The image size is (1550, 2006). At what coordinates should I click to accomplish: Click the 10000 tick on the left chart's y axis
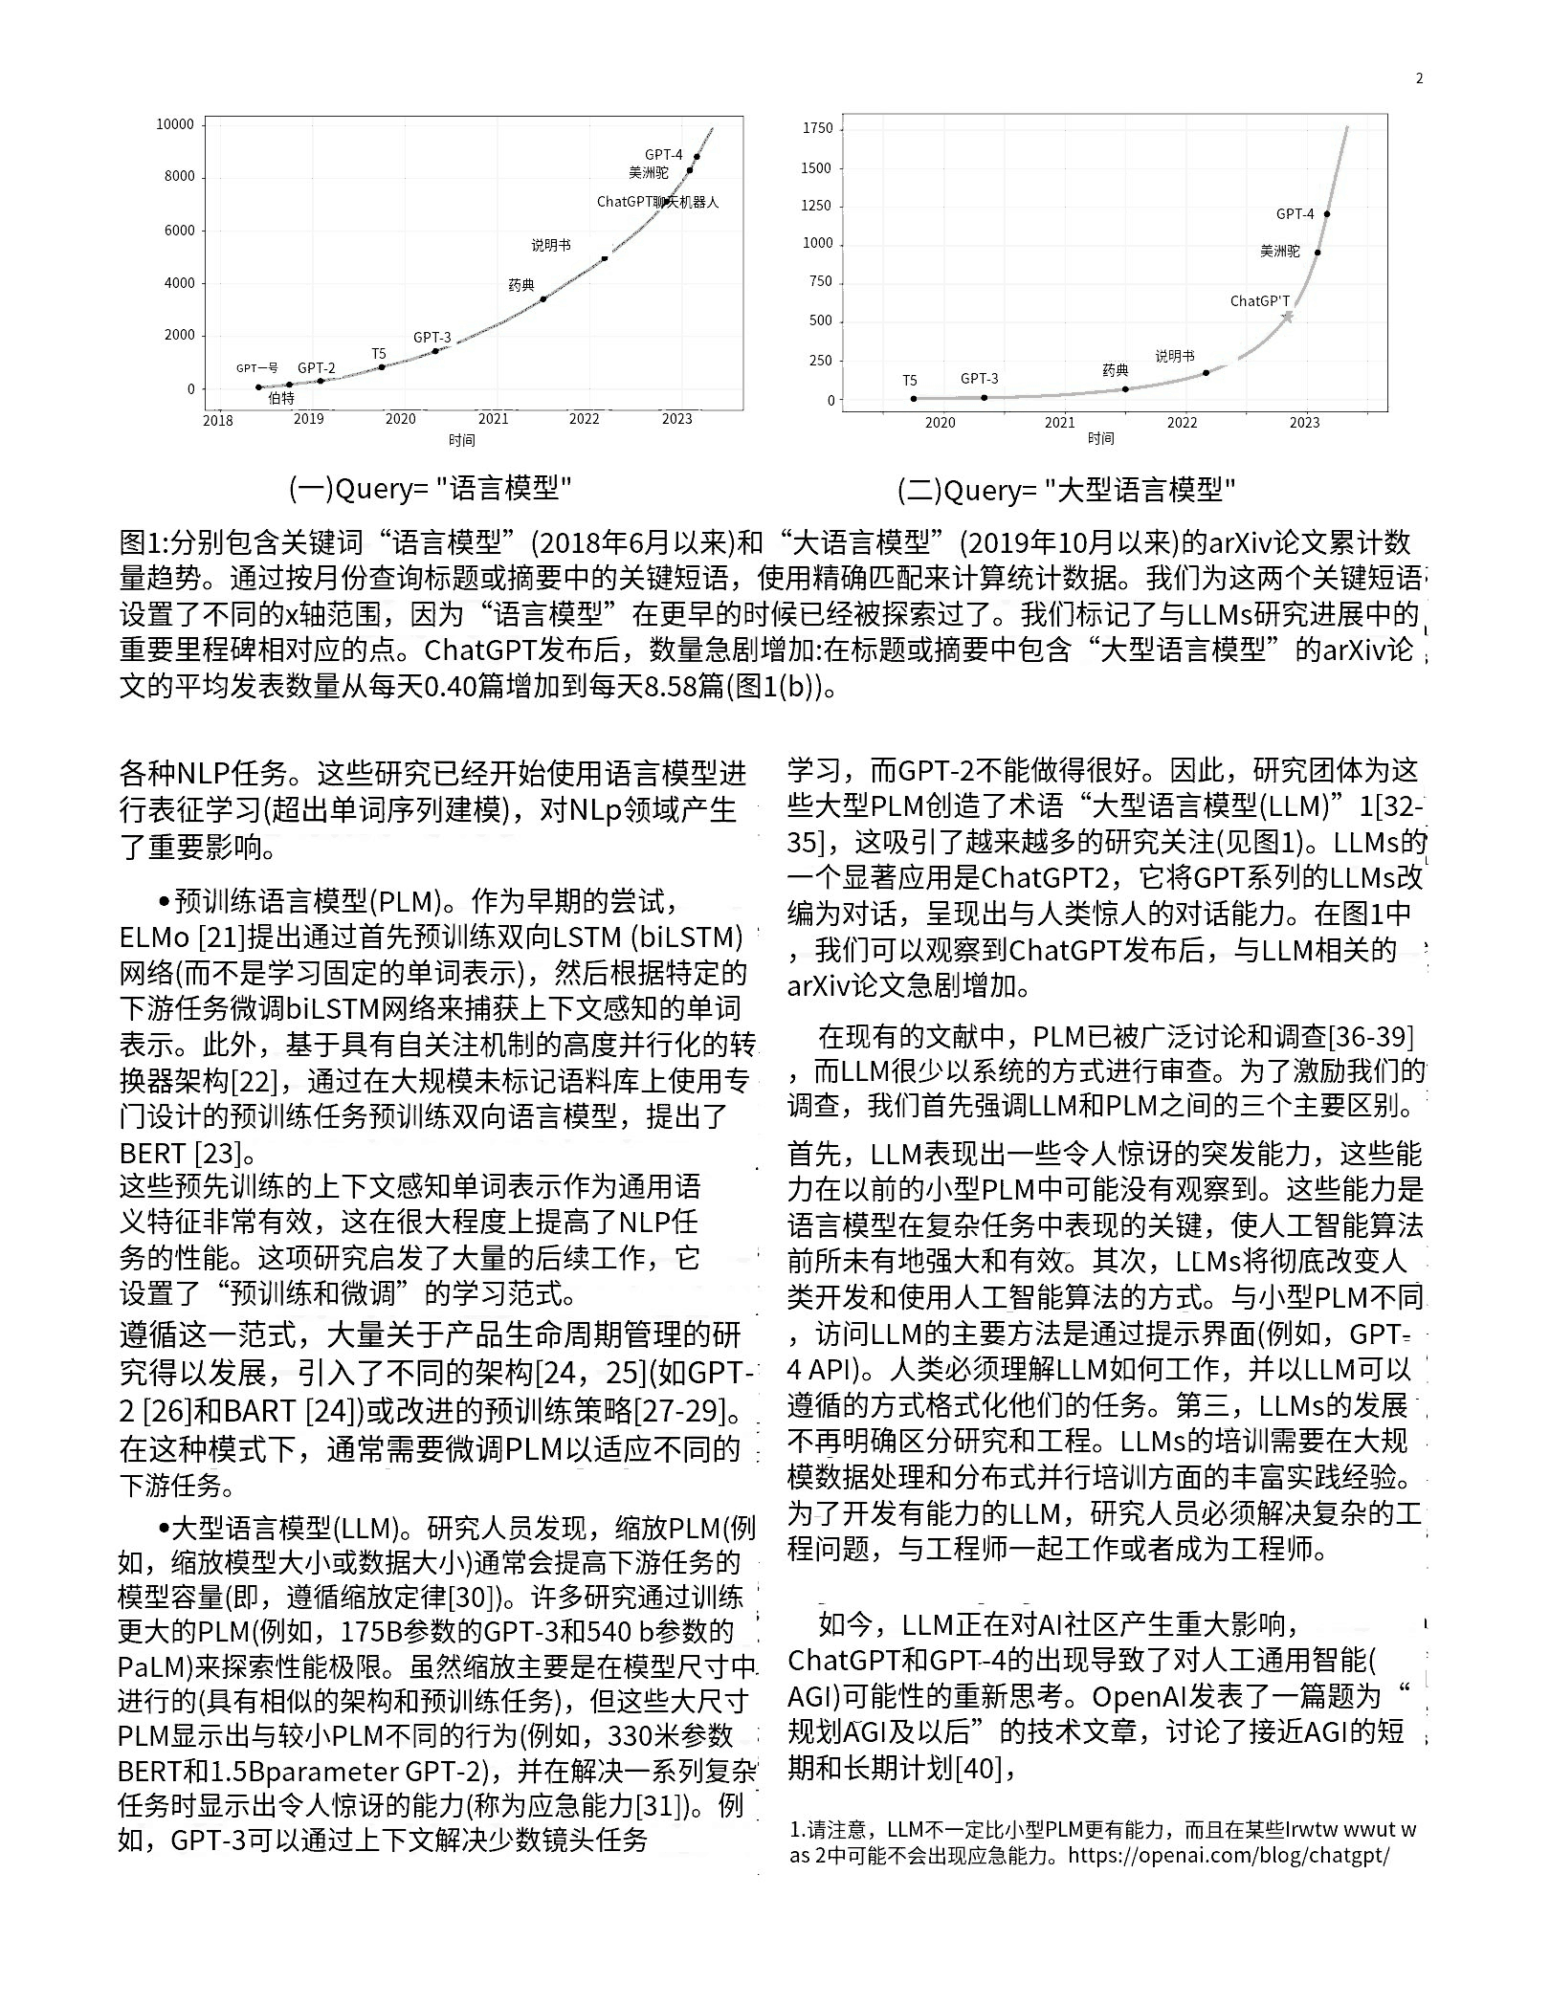(x=175, y=124)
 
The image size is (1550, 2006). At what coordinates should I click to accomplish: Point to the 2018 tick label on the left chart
(x=218, y=420)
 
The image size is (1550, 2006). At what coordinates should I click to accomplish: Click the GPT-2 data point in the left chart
(x=321, y=381)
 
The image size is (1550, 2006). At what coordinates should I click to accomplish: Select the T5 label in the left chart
(x=379, y=354)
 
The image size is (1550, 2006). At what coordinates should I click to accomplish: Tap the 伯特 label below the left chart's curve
(x=281, y=399)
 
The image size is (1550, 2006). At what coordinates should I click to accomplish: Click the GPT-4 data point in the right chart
(x=1326, y=214)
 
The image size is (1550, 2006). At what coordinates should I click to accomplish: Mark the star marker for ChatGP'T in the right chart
(x=1288, y=317)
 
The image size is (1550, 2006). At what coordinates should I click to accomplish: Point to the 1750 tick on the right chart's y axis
(x=818, y=128)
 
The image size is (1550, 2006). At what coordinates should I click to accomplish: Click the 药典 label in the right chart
(x=1116, y=370)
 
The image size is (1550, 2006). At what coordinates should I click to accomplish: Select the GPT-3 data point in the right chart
(x=985, y=397)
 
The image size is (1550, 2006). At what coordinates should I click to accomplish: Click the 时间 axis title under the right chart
(x=1100, y=438)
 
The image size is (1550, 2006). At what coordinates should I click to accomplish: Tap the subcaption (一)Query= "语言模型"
(x=431, y=489)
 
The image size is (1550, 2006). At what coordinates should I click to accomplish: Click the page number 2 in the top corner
(x=1420, y=78)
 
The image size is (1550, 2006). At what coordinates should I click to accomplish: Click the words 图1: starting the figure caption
(x=144, y=542)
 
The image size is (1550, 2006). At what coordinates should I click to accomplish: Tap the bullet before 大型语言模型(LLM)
(x=165, y=1528)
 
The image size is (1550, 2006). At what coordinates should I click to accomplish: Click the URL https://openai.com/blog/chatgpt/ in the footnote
(x=1229, y=1856)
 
